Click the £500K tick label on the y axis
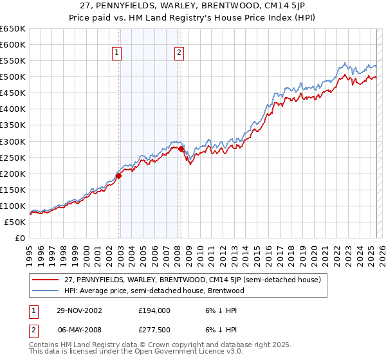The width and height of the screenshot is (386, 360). [x=13, y=77]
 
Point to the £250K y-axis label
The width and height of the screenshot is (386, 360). [x=13, y=157]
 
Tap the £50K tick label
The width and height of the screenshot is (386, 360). [x=15, y=222]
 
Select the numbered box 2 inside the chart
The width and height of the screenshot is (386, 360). [x=179, y=53]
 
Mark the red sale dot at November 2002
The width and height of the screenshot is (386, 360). [x=119, y=175]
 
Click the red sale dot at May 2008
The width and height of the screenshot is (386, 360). [x=181, y=148]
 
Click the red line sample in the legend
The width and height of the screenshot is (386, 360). [x=46, y=280]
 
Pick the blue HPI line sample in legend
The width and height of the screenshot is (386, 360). [x=46, y=291]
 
